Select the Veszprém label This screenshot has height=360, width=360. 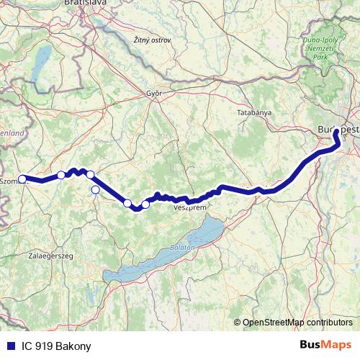pyautogui.click(x=190, y=207)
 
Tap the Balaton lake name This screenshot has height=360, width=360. pyautogui.click(x=184, y=247)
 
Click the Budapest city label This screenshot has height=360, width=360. pyautogui.click(x=337, y=129)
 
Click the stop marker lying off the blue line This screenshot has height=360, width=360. pyautogui.click(x=95, y=190)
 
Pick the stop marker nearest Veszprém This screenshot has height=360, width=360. pyautogui.click(x=145, y=204)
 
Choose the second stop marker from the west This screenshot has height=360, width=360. pyautogui.click(x=62, y=174)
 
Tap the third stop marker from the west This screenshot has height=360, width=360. pyautogui.click(x=90, y=174)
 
